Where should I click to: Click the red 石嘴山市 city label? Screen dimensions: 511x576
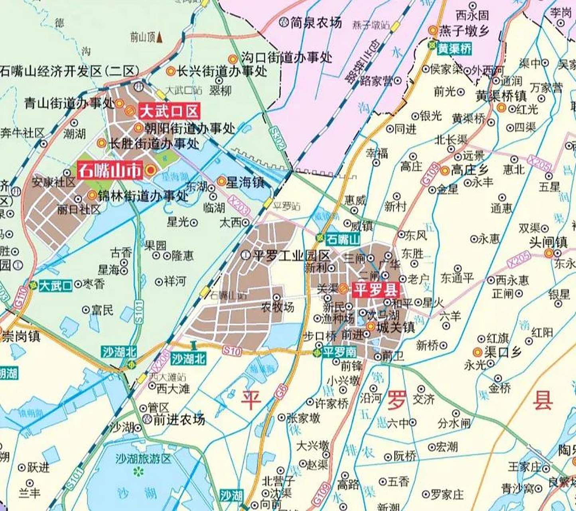(110, 171)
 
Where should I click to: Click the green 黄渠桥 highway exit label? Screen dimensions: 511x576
(454, 49)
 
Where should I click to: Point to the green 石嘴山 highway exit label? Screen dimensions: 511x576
(343, 240)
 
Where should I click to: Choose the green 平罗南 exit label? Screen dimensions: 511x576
(339, 352)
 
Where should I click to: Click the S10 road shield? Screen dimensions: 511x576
(232, 351)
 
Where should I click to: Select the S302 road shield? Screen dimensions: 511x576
(278, 138)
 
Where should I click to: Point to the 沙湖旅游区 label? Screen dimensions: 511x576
(143, 459)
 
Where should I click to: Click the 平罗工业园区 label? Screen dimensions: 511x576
(291, 255)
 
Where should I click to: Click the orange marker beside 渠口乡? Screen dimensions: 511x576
(477, 352)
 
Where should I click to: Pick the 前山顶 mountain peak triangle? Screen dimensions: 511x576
(160, 37)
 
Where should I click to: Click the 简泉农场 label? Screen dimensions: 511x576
(316, 23)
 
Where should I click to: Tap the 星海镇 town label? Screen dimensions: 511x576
(245, 182)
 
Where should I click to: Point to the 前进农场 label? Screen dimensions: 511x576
(179, 419)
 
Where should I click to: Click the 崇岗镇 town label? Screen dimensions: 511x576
(22, 336)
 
